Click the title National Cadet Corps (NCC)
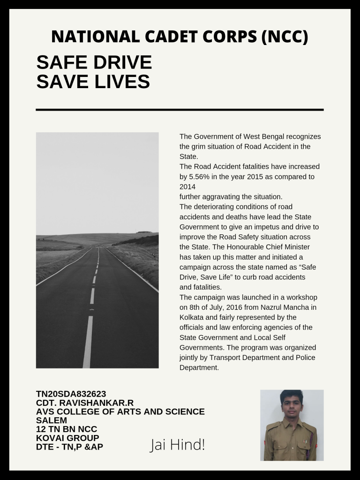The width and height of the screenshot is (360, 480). pyautogui.click(x=180, y=37)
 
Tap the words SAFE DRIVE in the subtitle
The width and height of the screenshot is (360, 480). pyautogui.click(x=94, y=62)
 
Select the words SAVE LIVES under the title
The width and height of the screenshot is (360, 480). pyautogui.click(x=93, y=82)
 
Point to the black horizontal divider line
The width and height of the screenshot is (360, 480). pyautogui.click(x=180, y=109)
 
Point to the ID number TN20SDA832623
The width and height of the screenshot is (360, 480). pyautogui.click(x=74, y=394)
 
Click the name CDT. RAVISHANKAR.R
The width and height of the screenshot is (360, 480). pyautogui.click(x=85, y=403)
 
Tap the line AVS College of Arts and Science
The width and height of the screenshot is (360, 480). pyautogui.click(x=120, y=412)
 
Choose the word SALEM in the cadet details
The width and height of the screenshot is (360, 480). pyautogui.click(x=52, y=420)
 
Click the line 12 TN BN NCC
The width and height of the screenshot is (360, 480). pyautogui.click(x=67, y=429)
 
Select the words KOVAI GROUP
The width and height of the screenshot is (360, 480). pyautogui.click(x=67, y=438)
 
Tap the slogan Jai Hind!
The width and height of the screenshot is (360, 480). pyautogui.click(x=177, y=445)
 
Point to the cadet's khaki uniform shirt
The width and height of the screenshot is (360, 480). pyautogui.click(x=292, y=441)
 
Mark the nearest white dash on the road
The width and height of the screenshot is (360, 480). pyautogui.click(x=88, y=342)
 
